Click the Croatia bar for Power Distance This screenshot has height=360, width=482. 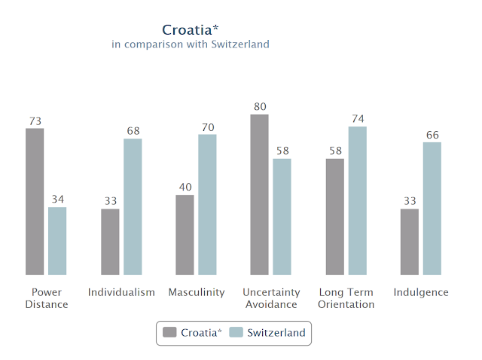[35, 202]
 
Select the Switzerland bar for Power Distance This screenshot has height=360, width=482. [57, 241]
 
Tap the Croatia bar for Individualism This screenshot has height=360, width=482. [110, 242]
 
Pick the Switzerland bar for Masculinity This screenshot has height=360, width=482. [207, 205]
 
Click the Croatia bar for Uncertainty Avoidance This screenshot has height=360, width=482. [260, 195]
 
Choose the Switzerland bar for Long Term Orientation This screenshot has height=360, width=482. [357, 200]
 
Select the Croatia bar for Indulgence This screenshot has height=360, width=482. [410, 242]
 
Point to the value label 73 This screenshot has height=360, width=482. [35, 121]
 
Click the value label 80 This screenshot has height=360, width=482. [260, 107]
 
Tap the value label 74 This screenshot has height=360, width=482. [357, 119]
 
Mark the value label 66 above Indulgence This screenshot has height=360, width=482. [432, 135]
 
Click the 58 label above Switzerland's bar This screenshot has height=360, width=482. [282, 151]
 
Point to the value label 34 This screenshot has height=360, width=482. [57, 200]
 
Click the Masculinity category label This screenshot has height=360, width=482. [197, 292]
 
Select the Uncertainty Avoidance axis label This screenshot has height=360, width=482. [271, 298]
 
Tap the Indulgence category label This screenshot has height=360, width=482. [421, 292]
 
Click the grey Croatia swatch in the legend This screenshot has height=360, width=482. [169, 333]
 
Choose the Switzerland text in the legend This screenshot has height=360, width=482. [276, 333]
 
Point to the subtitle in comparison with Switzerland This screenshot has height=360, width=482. [191, 44]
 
